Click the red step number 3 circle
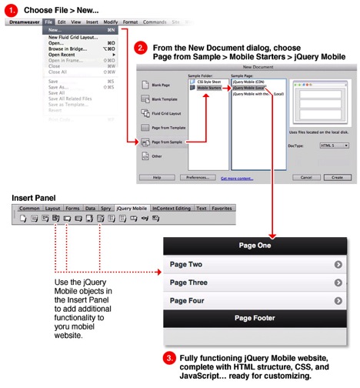(x=169, y=358)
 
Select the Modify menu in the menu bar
(x=111, y=22)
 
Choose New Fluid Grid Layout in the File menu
(x=74, y=37)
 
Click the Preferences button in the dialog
(x=198, y=176)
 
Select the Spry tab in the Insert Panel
(x=105, y=208)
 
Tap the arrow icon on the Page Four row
(x=338, y=302)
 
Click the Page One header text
(x=255, y=246)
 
